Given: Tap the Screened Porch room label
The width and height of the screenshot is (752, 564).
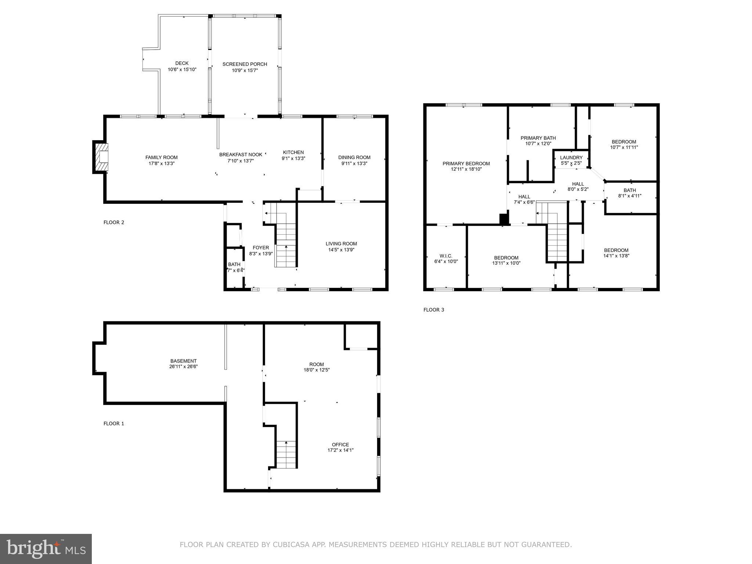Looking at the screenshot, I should pos(245,64).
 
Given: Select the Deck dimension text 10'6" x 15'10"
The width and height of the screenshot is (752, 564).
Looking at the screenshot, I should pos(182,69).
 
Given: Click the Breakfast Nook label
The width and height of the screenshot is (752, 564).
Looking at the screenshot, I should pos(241,155).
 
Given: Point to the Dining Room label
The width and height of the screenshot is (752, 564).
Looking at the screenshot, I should pos(354,158).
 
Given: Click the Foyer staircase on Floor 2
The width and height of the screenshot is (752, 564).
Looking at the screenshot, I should pos(285,242).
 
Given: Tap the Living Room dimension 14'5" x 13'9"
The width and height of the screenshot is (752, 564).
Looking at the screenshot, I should pos(341,250).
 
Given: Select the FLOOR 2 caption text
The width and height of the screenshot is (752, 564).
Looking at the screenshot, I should pos(114,222).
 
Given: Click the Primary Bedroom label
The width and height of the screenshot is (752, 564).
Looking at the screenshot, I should pos(466,164).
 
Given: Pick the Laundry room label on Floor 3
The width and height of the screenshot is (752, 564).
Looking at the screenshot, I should pos(571,158).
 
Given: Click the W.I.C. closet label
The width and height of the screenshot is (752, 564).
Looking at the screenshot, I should pos(446,256).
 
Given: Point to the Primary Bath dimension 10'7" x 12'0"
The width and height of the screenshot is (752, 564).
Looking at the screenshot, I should pos(538,144).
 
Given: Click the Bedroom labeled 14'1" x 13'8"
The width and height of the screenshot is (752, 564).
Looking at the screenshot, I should pos(616,253).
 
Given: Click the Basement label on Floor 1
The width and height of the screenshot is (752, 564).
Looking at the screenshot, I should pos(183,361).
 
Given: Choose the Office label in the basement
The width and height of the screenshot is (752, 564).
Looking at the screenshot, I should pos(340,445).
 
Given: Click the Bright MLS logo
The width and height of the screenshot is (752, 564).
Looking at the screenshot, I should pos(46,549).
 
